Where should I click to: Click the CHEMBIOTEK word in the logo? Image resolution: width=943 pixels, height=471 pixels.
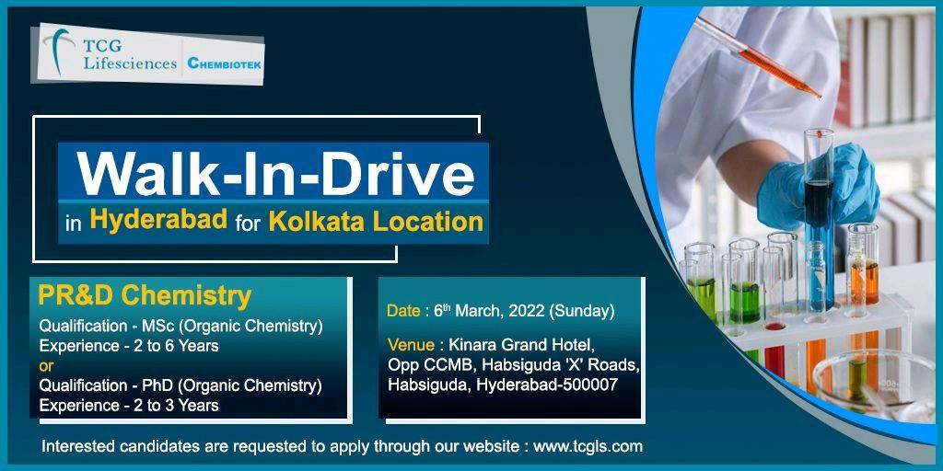coord(225,63)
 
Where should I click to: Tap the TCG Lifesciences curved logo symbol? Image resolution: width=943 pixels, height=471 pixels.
coord(59,52)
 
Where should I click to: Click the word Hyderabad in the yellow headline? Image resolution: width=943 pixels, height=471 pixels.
coord(158,221)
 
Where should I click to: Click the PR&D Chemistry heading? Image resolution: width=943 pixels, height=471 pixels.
coord(145,296)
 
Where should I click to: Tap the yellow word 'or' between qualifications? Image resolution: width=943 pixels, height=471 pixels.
coord(46,365)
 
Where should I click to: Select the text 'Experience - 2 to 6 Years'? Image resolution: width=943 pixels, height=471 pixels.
coord(129,346)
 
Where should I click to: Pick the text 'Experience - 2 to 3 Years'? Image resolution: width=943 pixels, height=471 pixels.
coord(129,405)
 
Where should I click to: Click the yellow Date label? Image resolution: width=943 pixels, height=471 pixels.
coord(403,311)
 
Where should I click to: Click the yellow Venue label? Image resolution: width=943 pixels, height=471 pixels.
coord(411,346)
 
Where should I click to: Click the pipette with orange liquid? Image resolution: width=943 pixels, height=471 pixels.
coord(758,57)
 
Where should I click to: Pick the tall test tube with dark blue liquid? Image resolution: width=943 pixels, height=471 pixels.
coord(819,219)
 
